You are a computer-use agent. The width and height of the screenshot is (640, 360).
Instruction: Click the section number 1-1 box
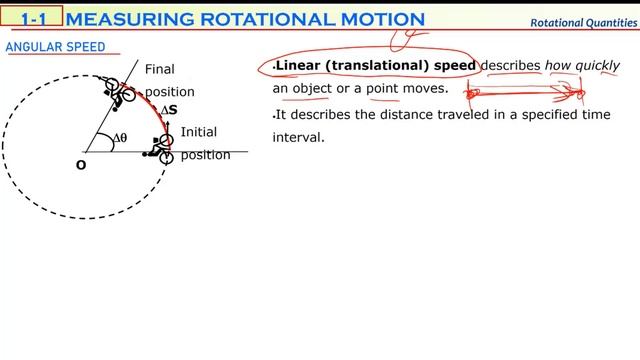[33, 18]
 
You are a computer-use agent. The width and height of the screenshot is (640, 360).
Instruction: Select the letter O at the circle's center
[81, 164]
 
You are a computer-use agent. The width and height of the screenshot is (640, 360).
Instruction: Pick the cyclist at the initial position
[159, 148]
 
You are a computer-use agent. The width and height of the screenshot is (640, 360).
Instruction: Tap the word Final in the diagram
[159, 69]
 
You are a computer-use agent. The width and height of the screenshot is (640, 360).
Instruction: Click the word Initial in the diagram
[198, 132]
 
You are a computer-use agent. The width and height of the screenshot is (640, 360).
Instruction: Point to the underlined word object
[311, 89]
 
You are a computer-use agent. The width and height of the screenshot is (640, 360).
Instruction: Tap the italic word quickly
[597, 66]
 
